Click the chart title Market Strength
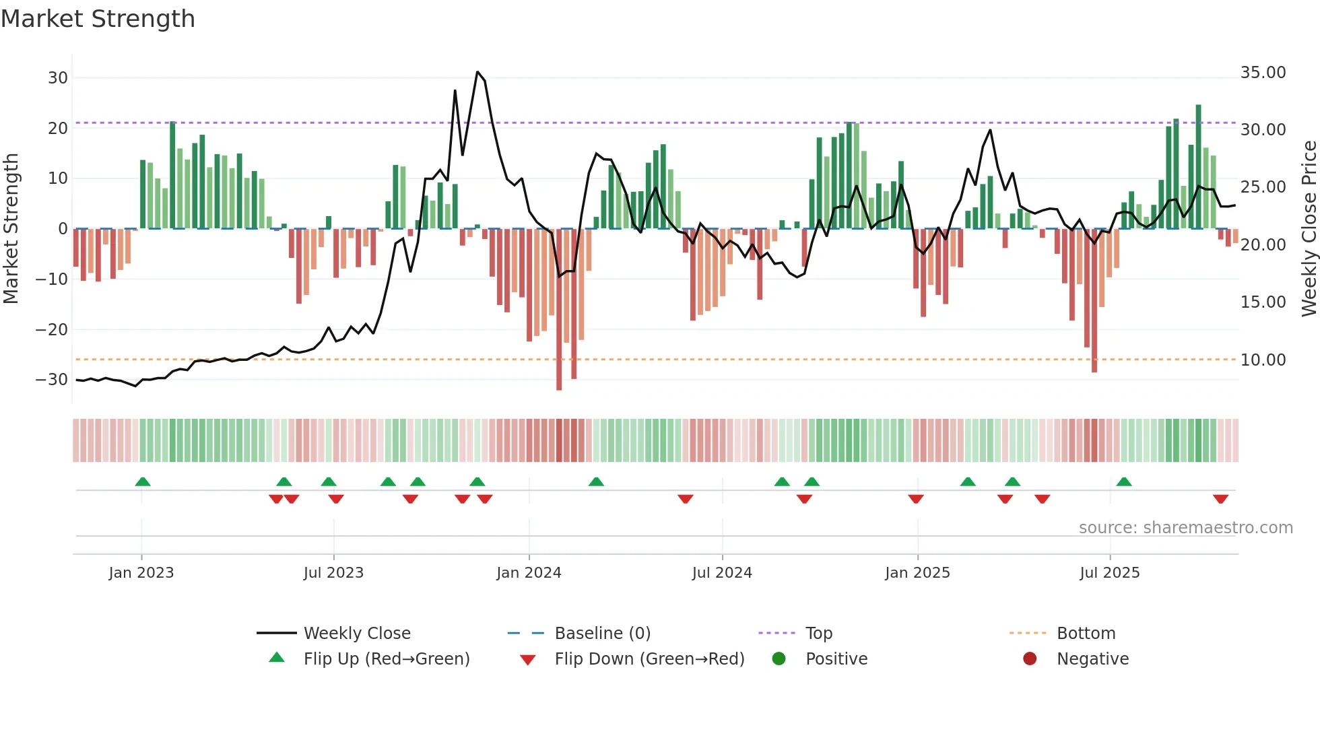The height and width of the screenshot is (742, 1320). [98, 19]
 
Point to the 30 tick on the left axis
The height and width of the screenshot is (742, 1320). [58, 78]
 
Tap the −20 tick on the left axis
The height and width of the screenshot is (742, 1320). [52, 330]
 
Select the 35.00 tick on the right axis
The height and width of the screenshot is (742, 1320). [1263, 73]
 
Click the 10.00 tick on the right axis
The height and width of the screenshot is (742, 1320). [1263, 360]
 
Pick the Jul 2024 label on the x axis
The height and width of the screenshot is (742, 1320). [722, 573]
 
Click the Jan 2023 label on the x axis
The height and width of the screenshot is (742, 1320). [141, 573]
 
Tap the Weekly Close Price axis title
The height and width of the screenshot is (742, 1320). [1309, 229]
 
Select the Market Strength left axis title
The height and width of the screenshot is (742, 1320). [11, 229]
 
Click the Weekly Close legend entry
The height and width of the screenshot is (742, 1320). [357, 634]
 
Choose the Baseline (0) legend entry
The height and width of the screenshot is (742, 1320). [602, 634]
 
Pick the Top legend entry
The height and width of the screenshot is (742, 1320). [819, 634]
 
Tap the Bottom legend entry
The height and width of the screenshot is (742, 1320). [1086, 634]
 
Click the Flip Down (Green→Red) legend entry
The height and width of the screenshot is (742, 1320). [649, 659]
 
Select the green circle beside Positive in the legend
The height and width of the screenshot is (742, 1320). [779, 659]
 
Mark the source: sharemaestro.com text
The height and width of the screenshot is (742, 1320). [1185, 528]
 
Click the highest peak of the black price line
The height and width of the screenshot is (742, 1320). [477, 72]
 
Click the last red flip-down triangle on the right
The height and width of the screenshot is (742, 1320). [1220, 499]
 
